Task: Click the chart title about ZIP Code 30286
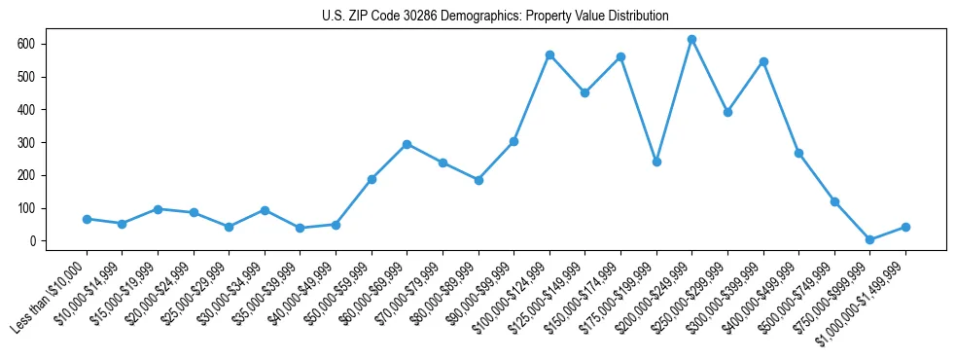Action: click(495, 17)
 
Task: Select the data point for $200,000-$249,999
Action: click(691, 39)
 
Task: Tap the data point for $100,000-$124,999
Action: click(549, 54)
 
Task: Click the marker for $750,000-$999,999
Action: click(869, 239)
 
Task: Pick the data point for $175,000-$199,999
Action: click(656, 162)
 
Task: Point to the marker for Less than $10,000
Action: click(87, 219)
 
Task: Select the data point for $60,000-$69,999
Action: click(407, 144)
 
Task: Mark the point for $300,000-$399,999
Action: click(763, 61)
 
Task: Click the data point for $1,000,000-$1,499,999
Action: click(905, 227)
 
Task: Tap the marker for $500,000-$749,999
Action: click(834, 201)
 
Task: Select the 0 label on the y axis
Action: click(32, 241)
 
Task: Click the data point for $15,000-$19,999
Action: click(158, 209)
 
